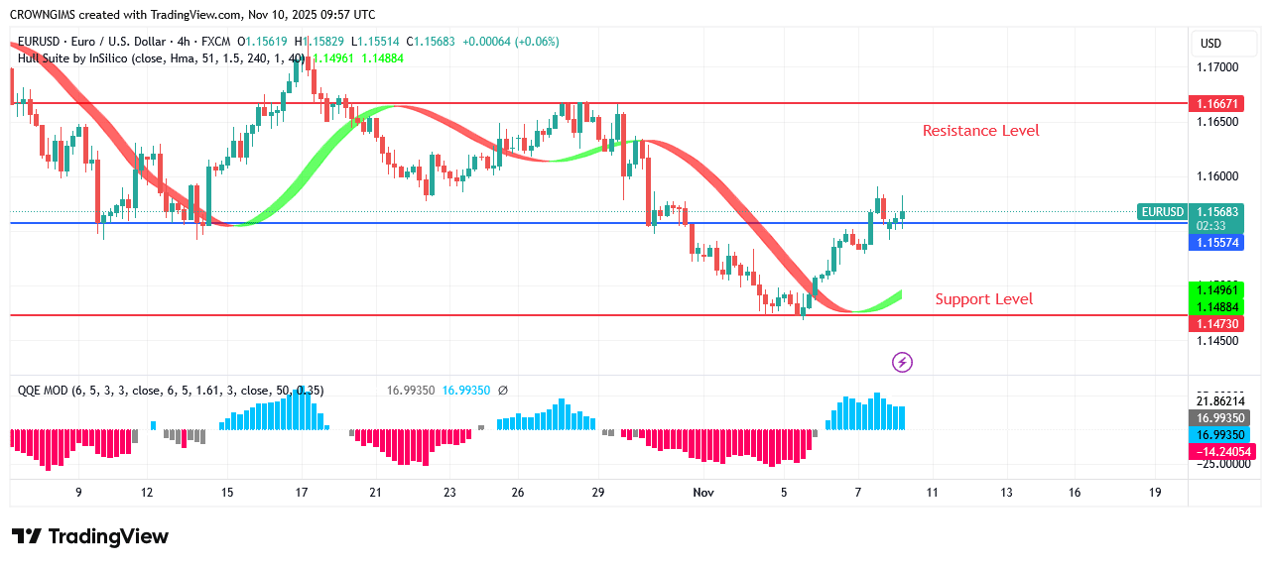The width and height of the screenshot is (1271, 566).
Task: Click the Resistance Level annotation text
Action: (980, 131)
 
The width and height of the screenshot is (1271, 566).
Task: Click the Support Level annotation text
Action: (983, 299)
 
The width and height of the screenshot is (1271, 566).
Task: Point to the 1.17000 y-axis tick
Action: (1217, 67)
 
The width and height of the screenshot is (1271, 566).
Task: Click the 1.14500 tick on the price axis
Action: (1217, 341)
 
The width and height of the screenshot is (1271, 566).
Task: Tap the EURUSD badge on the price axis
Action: (1162, 212)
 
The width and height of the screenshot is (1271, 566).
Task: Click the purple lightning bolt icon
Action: (902, 363)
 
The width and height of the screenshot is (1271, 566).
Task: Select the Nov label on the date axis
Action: (702, 493)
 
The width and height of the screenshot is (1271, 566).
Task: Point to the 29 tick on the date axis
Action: (598, 493)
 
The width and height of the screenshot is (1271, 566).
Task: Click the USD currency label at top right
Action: (1210, 44)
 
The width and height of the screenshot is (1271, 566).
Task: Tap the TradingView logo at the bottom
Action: (90, 536)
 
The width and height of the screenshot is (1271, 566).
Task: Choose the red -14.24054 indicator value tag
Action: (1218, 452)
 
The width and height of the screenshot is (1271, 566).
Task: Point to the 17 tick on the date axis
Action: (301, 493)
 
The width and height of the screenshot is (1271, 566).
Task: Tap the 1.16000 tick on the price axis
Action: (1217, 176)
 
